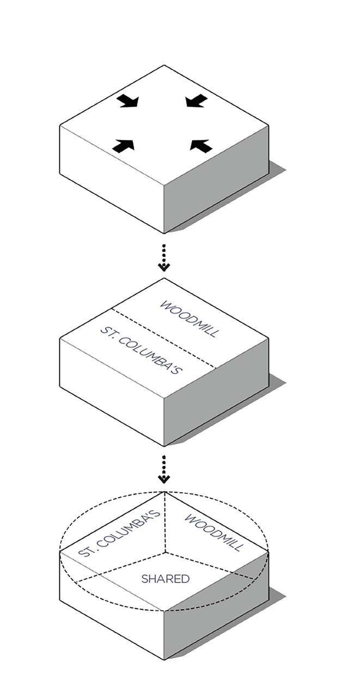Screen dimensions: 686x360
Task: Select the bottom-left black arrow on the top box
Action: pos(124,145)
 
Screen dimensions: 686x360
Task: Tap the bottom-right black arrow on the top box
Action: pos(200,145)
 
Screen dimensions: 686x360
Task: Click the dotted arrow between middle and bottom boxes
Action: pos(164,469)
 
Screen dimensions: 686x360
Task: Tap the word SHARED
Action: pos(166,578)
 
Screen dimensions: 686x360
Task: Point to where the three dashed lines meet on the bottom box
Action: pos(164,555)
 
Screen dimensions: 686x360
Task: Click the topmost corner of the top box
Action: pos(164,65)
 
